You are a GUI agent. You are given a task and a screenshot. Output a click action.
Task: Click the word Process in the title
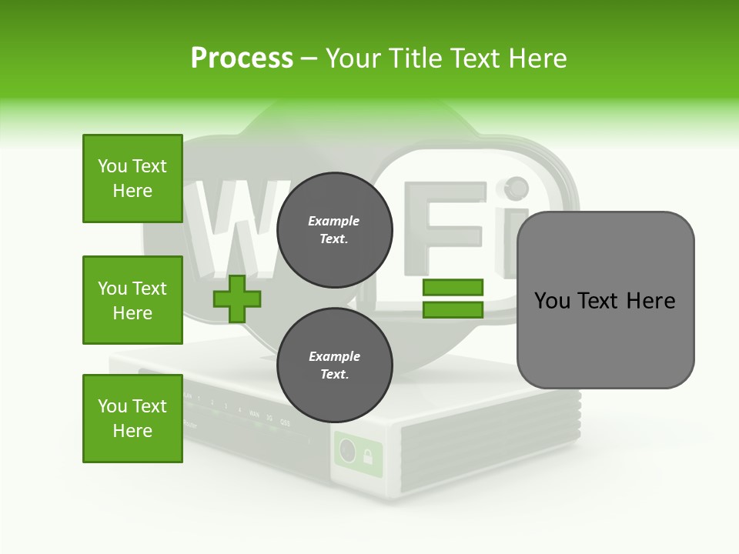[242, 58]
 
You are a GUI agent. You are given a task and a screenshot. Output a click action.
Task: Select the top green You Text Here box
[132, 179]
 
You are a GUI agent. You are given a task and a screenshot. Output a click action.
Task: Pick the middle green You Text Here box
[132, 300]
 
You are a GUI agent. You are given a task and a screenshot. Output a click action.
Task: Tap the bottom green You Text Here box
[132, 419]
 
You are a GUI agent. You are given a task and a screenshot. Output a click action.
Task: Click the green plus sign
[237, 299]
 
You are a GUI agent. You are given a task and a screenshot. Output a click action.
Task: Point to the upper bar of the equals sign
[453, 288]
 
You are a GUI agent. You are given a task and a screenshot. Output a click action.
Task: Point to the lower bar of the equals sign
[453, 309]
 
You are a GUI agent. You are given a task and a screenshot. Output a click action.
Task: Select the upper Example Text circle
[334, 230]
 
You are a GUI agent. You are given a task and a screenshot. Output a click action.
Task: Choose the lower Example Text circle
[334, 365]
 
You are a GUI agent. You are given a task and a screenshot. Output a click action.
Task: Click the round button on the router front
[347, 452]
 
